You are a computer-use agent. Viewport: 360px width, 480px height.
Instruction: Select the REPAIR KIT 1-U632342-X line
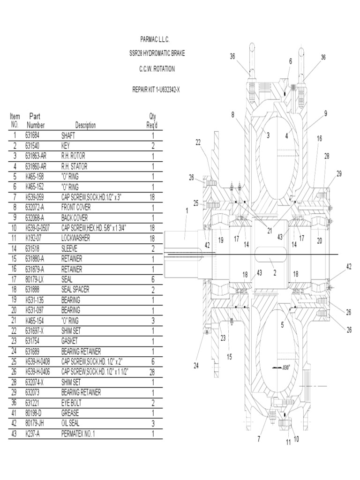tap(156, 90)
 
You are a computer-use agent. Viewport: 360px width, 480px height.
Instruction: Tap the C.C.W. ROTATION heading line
tap(157, 69)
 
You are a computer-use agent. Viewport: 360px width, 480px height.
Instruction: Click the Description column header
tap(85, 125)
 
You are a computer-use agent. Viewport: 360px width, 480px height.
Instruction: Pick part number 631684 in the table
tap(34, 135)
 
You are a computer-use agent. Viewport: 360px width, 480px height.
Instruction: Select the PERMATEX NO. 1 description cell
tap(78, 434)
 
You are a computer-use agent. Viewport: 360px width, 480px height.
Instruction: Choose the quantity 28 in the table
tap(152, 372)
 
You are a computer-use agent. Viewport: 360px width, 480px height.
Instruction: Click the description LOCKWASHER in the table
tap(76, 238)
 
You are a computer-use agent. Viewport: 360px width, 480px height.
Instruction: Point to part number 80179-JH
tap(37, 423)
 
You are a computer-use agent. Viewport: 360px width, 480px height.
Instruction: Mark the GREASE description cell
tap(70, 413)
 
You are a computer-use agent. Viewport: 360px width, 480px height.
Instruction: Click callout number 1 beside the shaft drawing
tap(187, 211)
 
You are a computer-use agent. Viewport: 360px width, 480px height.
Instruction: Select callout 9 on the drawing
tap(325, 113)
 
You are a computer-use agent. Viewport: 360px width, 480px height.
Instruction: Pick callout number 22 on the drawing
tap(198, 142)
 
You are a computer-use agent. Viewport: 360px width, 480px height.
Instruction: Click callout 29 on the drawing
tap(339, 173)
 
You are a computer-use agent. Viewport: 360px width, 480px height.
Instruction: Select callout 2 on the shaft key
tap(275, 272)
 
